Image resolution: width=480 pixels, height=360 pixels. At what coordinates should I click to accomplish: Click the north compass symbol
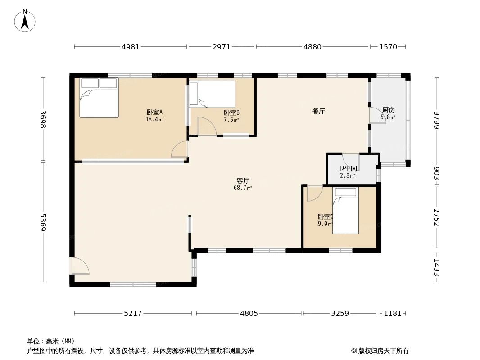[25, 20]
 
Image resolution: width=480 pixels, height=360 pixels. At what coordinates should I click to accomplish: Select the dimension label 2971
[221, 47]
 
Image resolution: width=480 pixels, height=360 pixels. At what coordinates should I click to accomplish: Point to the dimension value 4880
[312, 47]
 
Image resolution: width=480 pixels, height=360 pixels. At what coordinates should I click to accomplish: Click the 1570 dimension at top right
[388, 47]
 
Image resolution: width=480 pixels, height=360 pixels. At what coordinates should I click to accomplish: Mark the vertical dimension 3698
[43, 119]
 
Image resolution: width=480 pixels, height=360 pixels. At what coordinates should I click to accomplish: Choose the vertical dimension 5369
[43, 222]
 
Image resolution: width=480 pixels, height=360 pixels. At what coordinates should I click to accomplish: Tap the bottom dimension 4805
[249, 313]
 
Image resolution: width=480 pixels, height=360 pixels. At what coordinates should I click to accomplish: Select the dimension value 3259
[340, 313]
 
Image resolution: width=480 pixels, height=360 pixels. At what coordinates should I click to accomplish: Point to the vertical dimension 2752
[436, 217]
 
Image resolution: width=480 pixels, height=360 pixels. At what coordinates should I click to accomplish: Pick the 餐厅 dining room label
[318, 112]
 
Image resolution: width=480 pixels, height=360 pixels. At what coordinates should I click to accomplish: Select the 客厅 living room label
[243, 180]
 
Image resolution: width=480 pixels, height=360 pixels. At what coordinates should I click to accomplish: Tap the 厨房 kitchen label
[388, 110]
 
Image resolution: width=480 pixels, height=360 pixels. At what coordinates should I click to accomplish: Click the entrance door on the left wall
[80, 266]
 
